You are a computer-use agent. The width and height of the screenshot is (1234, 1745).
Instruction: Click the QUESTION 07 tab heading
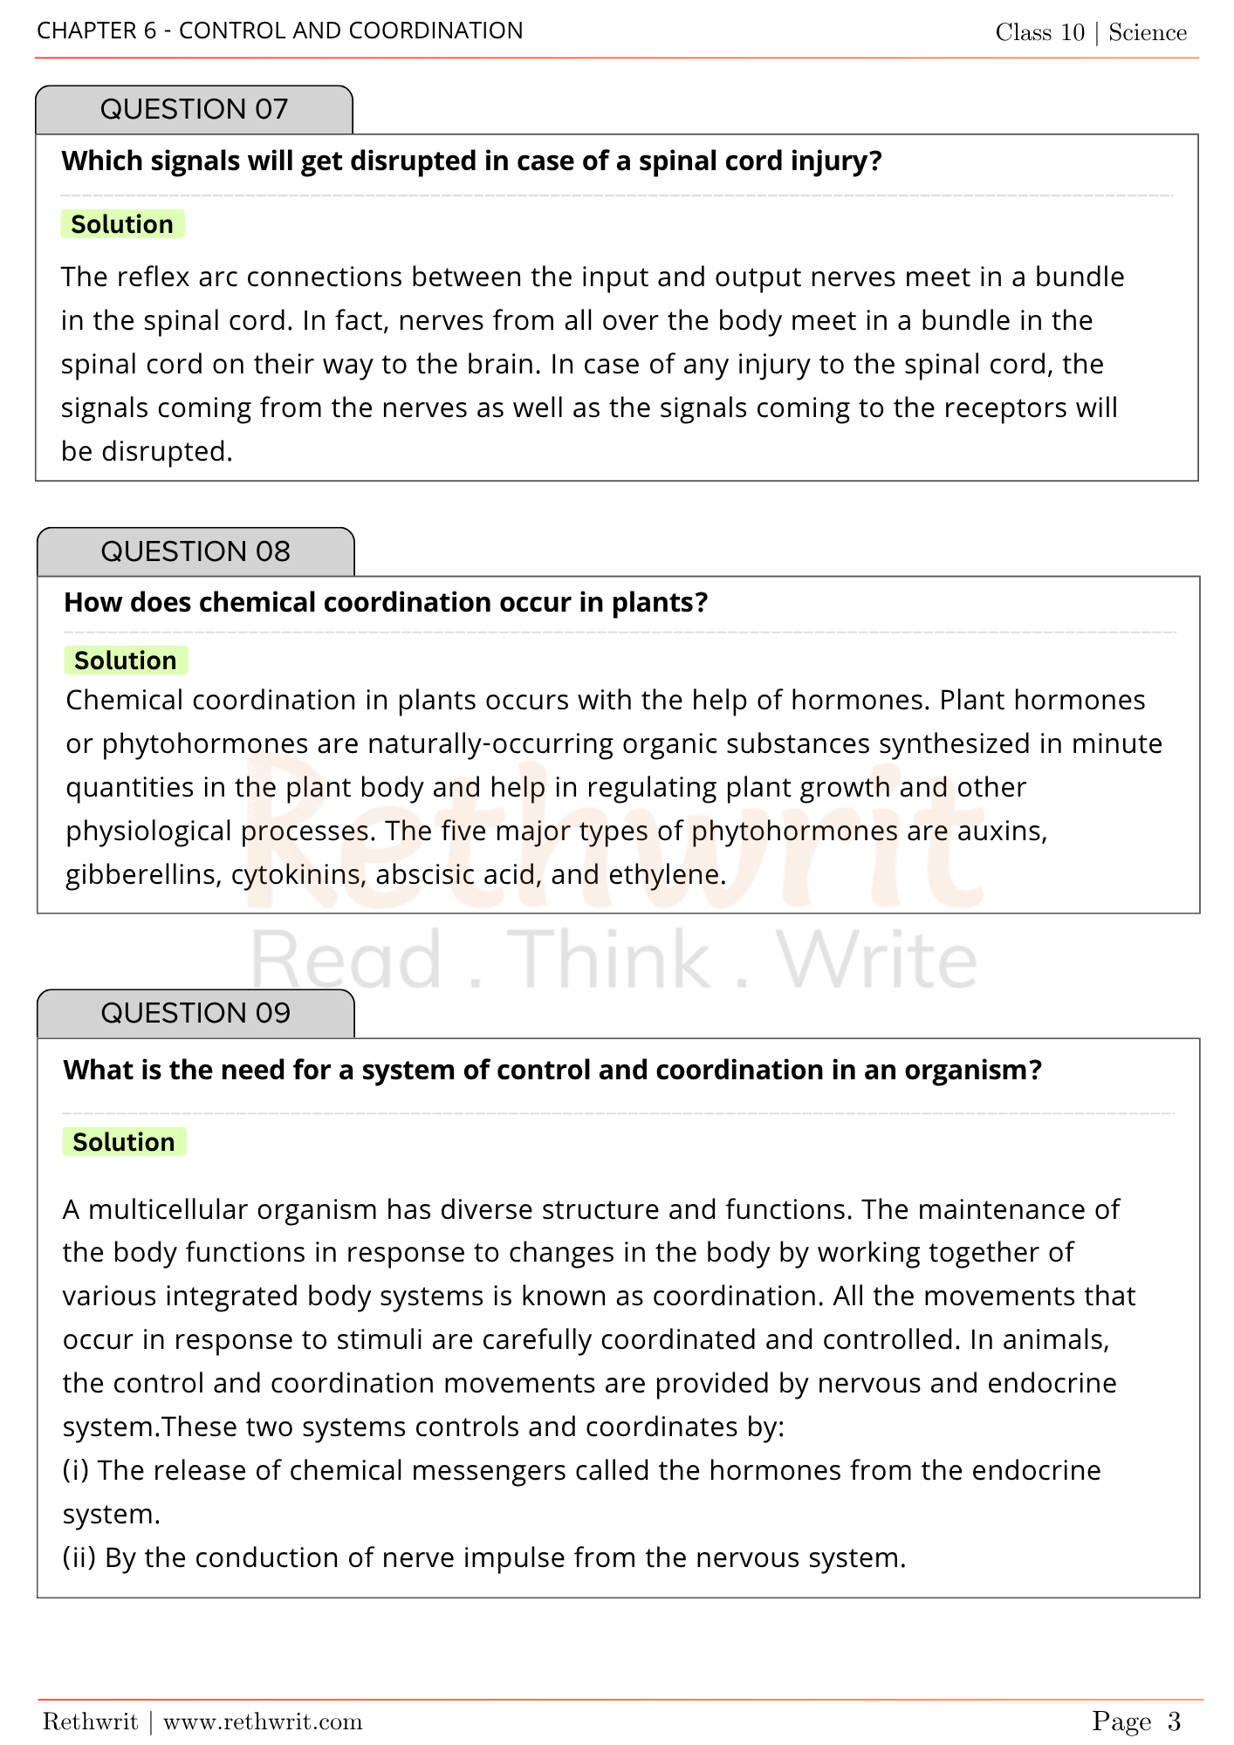coord(194,110)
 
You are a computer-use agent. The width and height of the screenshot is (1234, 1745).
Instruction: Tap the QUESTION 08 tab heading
coord(195,552)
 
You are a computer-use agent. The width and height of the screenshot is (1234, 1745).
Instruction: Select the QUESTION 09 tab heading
coord(195,1014)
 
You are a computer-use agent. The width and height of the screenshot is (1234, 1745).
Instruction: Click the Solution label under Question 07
coord(122,225)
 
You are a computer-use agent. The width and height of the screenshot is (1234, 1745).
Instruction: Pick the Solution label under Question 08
coord(126,661)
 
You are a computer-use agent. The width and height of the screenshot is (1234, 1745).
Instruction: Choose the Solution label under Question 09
coord(124,1143)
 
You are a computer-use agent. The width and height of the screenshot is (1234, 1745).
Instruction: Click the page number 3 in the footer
coord(1174,1721)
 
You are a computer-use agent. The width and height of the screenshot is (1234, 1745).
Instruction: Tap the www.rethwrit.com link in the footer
coord(263,1721)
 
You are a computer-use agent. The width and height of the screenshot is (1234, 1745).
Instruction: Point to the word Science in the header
coord(1148,33)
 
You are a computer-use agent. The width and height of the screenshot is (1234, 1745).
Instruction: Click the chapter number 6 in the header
coord(150,31)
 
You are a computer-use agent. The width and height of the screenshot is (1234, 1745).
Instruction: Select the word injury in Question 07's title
coord(835,161)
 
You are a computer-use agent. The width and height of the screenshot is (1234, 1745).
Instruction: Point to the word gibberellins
coord(143,875)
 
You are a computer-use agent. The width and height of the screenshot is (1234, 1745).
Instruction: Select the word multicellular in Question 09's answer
coord(168,1210)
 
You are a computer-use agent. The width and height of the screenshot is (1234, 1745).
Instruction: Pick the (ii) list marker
coord(79,1558)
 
